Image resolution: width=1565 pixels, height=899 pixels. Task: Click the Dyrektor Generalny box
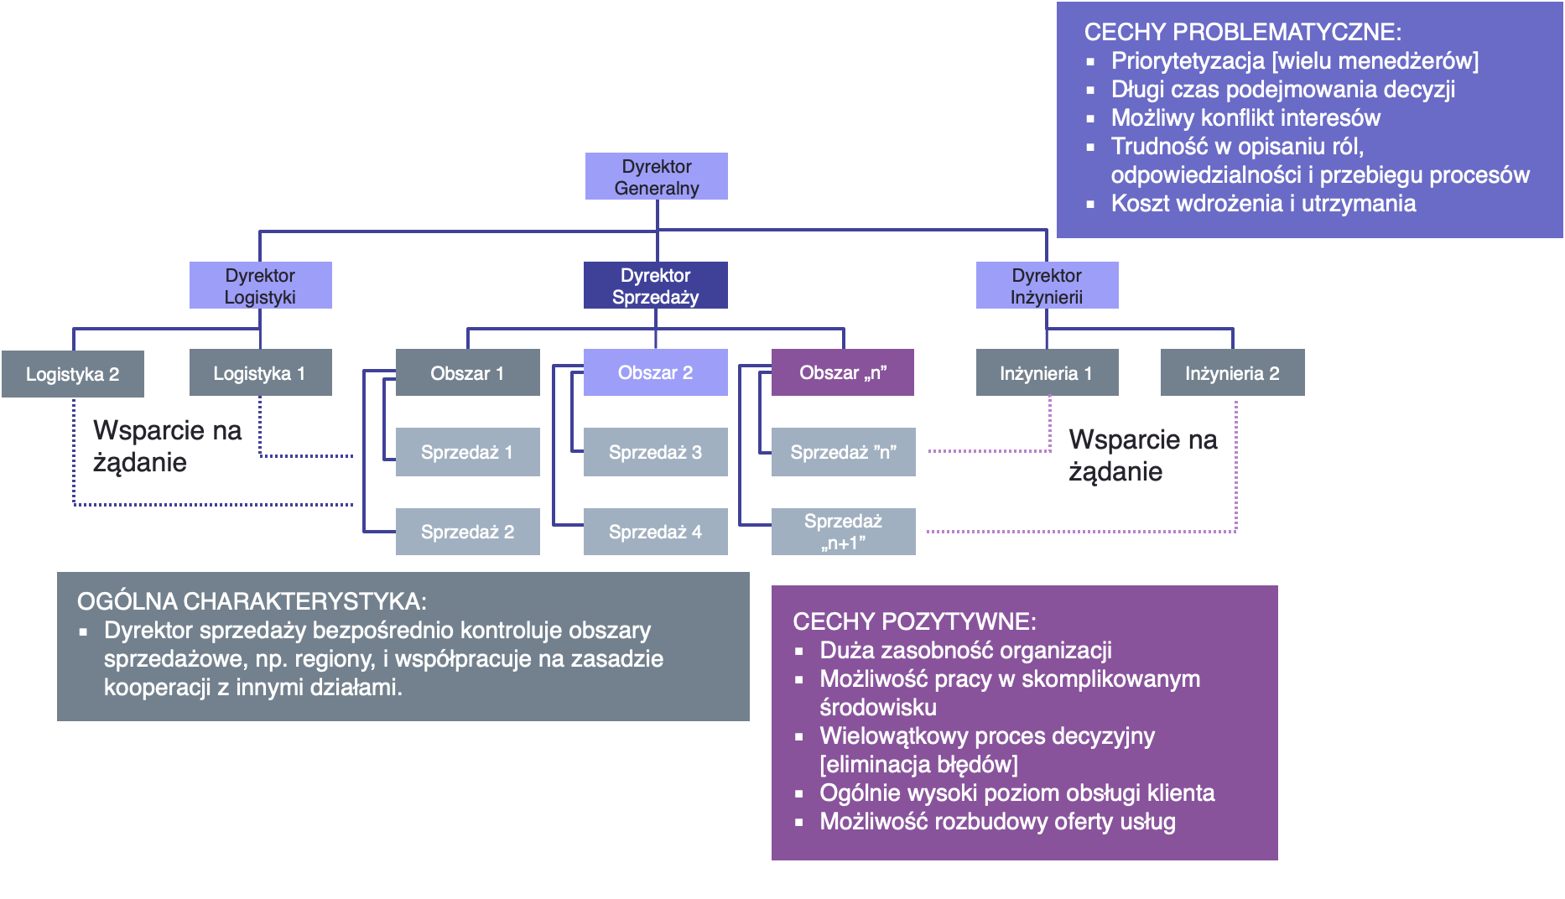tap(656, 176)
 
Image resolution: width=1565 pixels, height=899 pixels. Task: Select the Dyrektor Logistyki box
tap(260, 285)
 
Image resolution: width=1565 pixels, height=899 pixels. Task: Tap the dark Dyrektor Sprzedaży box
tap(655, 285)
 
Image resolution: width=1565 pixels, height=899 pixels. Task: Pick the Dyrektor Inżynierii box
tap(1047, 285)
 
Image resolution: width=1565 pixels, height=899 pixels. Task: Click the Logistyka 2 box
tap(73, 374)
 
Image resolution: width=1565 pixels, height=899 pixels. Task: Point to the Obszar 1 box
tap(467, 372)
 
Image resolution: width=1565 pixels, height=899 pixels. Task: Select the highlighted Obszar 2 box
tap(655, 372)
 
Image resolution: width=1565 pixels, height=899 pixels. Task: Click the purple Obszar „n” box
tap(843, 372)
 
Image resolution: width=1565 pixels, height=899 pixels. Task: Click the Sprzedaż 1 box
tap(467, 452)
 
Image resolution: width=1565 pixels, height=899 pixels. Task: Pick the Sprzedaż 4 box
tap(655, 532)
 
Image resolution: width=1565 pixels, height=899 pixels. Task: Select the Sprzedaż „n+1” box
tap(843, 532)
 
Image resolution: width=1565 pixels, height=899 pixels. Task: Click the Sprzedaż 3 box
tap(655, 452)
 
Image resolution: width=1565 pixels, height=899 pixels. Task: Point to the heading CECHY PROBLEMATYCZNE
tap(1242, 32)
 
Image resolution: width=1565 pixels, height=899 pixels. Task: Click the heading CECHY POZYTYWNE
tap(914, 621)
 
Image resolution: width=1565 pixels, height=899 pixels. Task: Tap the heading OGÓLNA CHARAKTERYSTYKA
tap(252, 601)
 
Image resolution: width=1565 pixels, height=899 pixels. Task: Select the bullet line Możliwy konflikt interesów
tap(1245, 117)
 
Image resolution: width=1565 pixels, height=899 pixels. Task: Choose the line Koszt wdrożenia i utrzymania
tap(1263, 203)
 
